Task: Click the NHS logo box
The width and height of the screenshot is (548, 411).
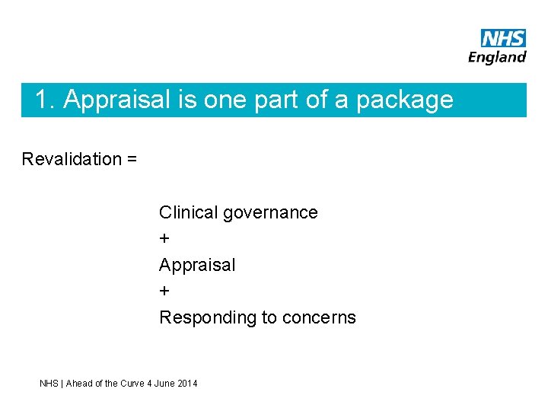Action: [x=503, y=38]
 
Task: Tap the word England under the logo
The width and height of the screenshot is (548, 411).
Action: [x=497, y=57]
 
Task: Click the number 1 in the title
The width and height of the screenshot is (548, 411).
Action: [x=43, y=100]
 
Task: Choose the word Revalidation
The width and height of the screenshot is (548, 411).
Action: [x=72, y=159]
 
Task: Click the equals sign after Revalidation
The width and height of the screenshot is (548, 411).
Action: [x=132, y=160]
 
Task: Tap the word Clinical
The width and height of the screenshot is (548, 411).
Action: [x=188, y=212]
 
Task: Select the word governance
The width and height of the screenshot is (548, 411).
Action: [x=270, y=213]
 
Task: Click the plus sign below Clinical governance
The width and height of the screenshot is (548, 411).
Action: [x=164, y=239]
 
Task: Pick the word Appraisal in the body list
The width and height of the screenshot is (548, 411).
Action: [x=197, y=266]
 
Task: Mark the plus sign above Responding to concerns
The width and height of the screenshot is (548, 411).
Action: [x=164, y=292]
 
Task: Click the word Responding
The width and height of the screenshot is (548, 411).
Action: [x=207, y=318]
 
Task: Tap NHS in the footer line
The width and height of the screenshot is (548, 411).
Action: [x=49, y=384]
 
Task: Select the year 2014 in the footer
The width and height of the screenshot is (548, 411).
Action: [x=186, y=384]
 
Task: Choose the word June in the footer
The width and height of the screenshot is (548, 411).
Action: [x=164, y=384]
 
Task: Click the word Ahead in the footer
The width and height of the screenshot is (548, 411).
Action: [x=79, y=384]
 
